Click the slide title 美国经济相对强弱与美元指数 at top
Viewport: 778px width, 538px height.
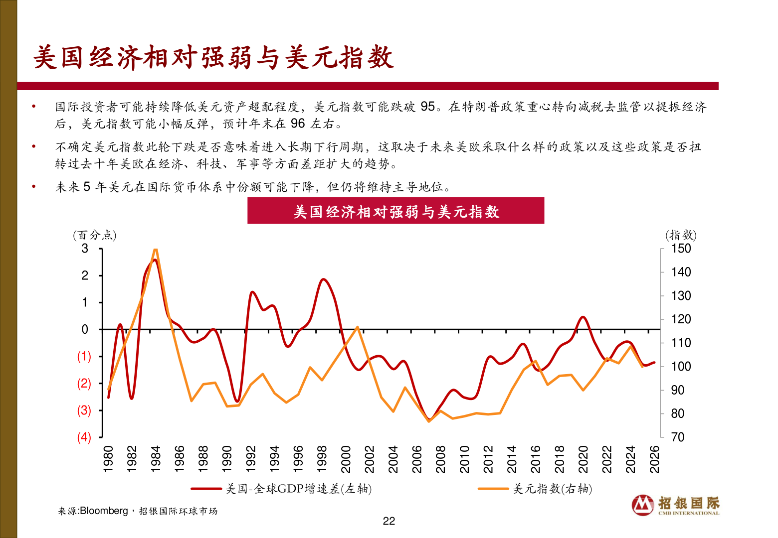213,58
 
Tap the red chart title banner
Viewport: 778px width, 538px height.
395,211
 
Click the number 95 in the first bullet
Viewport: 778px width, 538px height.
428,107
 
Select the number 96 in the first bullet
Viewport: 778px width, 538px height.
297,124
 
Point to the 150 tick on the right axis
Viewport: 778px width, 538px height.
681,249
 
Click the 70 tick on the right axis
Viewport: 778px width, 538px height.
677,437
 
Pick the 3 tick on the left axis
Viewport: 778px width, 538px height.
85,249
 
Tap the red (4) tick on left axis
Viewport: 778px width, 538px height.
84,437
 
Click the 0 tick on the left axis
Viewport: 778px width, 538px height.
85,329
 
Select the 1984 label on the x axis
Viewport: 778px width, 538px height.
156,459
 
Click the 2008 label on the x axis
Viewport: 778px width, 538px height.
441,459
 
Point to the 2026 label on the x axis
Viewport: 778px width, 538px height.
655,459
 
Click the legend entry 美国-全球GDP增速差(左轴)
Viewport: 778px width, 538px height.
298,489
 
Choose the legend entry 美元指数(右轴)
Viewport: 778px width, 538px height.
553,489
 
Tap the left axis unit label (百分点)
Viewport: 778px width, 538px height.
95,235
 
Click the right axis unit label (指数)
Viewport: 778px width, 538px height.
681,235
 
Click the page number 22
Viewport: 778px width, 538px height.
389,521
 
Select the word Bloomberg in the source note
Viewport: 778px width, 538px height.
104,511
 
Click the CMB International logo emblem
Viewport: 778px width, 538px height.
643,505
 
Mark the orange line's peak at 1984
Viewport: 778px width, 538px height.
155,249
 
